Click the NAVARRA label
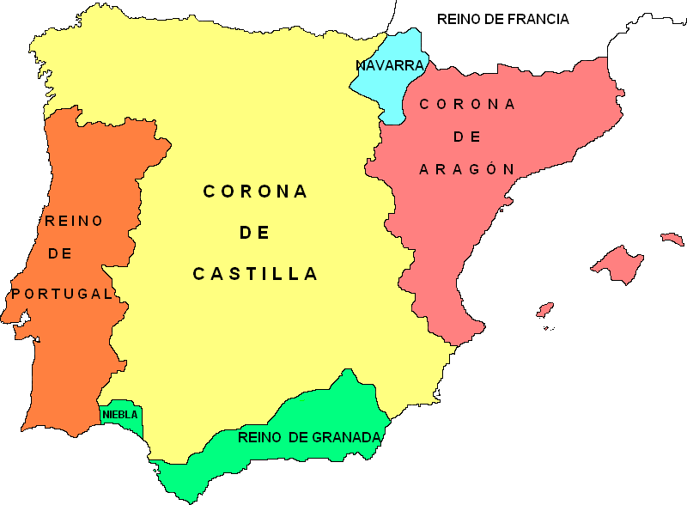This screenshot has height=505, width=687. (390, 65)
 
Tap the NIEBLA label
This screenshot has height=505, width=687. (119, 415)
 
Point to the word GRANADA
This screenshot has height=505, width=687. (346, 438)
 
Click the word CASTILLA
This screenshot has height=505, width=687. (255, 274)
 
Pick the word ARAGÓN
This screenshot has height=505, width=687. (466, 169)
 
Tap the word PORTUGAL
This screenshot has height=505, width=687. (62, 294)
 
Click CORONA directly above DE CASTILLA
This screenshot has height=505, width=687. (255, 192)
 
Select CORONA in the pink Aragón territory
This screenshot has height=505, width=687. (467, 104)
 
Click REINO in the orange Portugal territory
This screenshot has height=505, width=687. (74, 221)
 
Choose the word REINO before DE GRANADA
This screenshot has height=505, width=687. (260, 438)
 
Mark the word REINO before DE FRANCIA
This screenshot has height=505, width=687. (459, 19)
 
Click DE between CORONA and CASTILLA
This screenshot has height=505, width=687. (254, 233)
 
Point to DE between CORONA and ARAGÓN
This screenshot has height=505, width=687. (466, 137)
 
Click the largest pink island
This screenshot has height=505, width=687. (617, 263)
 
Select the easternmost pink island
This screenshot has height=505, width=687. (671, 238)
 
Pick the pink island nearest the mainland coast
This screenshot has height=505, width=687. (544, 309)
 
